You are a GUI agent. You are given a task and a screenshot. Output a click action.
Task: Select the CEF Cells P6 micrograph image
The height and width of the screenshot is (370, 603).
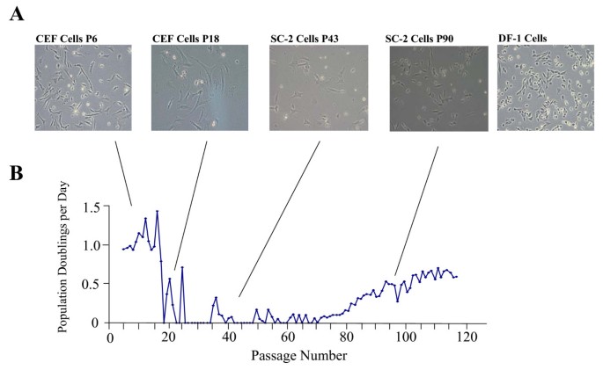(84, 88)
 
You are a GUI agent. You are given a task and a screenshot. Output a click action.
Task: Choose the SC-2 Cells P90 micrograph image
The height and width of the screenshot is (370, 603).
(438, 88)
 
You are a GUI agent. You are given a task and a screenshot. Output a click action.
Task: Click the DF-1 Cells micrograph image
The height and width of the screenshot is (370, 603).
(545, 88)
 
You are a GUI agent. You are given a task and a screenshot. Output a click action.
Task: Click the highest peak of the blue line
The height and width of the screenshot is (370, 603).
(157, 211)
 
